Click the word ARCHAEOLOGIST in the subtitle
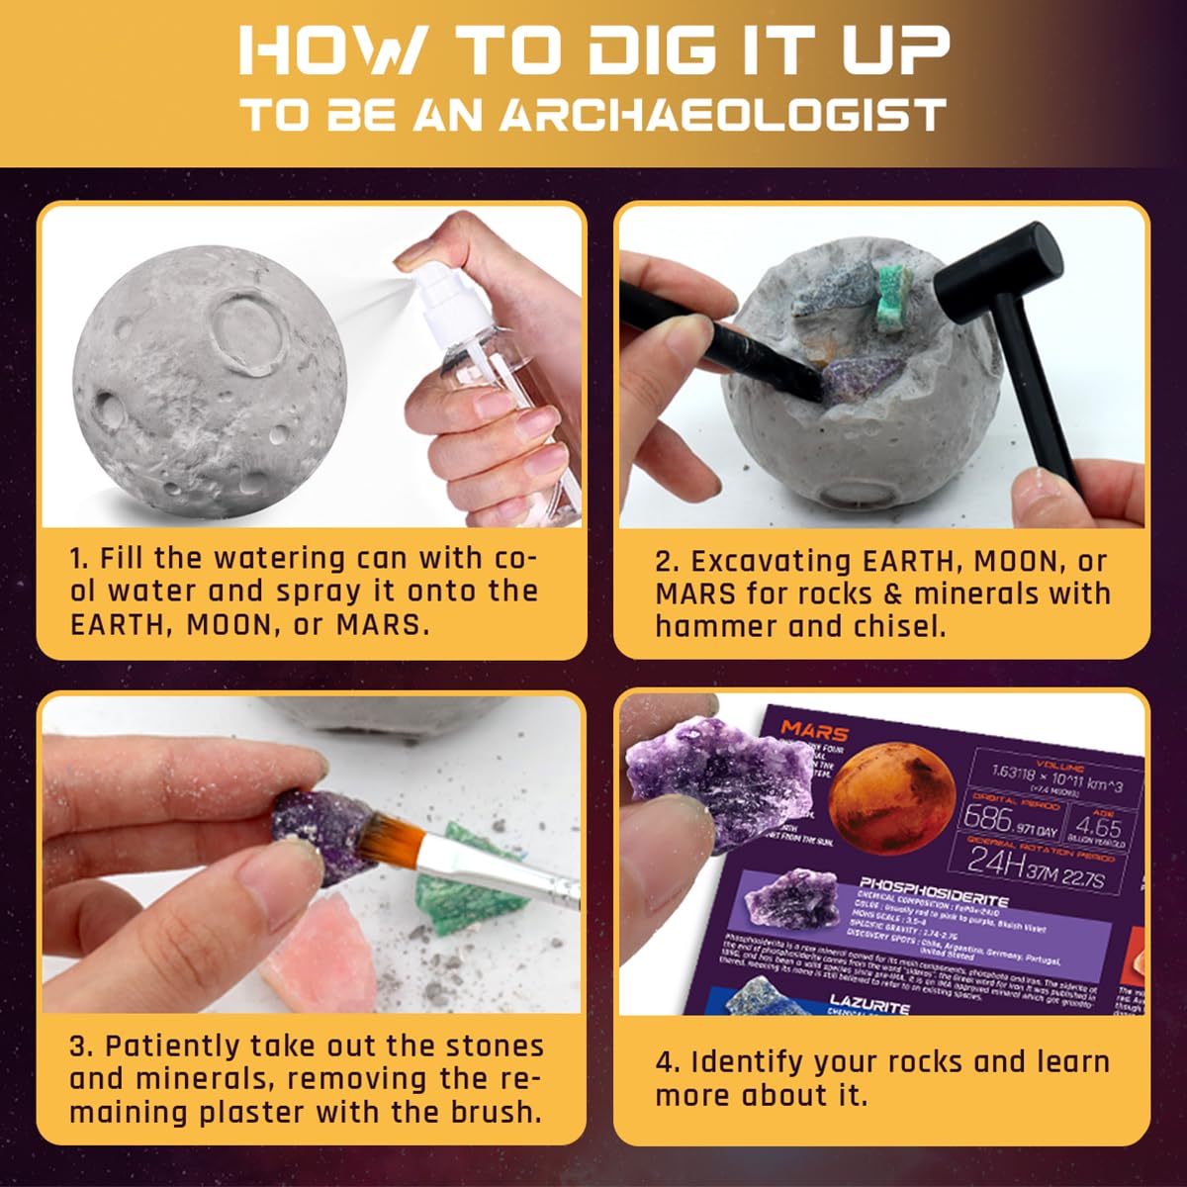click(x=722, y=116)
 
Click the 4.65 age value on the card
click(x=1098, y=826)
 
